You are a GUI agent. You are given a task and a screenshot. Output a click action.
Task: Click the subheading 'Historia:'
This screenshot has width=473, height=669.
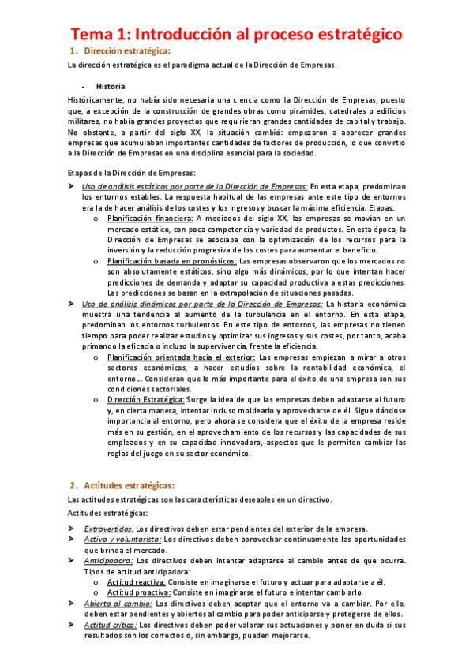[111, 86]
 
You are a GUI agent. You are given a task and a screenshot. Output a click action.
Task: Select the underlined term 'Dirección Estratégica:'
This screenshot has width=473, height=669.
[147, 400]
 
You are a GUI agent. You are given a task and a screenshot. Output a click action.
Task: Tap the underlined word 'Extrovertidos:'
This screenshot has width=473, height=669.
[109, 528]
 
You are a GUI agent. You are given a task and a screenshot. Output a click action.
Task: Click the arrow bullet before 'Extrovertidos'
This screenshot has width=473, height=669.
[73, 528]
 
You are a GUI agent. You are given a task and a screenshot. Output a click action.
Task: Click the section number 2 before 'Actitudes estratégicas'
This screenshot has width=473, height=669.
[73, 484]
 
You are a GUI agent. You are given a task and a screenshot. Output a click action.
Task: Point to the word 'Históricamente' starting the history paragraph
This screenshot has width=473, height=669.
[96, 100]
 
